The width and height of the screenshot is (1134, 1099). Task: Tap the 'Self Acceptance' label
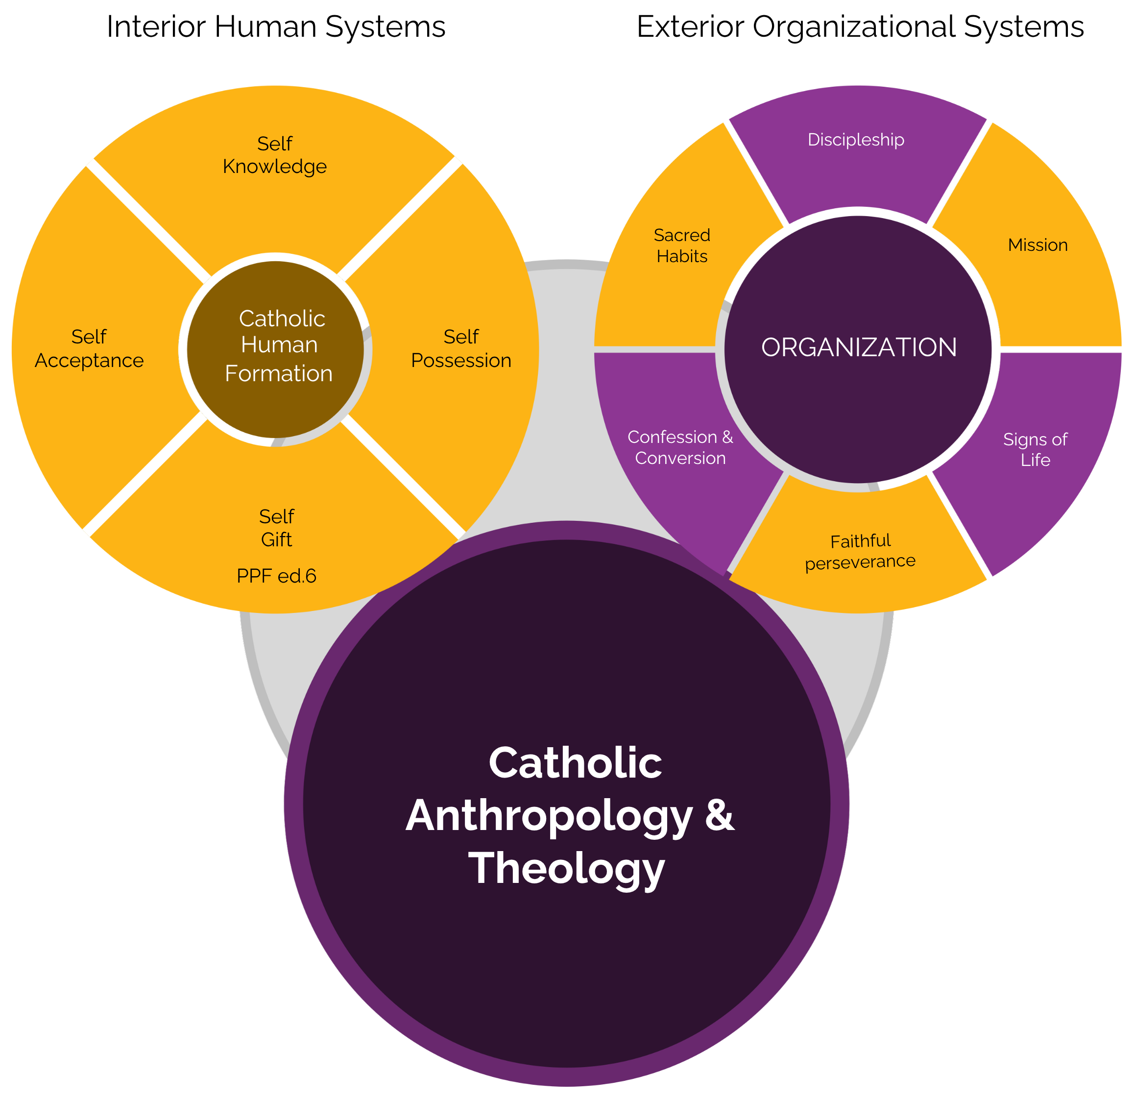click(89, 348)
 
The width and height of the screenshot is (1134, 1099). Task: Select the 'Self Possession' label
click(461, 348)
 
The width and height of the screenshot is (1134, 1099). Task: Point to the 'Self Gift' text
click(277, 527)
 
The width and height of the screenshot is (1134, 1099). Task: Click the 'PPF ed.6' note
click(277, 576)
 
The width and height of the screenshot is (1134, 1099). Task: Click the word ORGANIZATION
click(859, 347)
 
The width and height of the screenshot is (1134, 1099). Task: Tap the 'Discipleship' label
click(856, 140)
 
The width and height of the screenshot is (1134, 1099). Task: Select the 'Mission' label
click(1037, 245)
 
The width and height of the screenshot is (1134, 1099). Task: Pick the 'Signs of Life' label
click(1035, 449)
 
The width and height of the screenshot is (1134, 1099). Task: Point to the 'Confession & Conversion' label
click(680, 447)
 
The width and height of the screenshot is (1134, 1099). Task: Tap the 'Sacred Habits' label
click(682, 245)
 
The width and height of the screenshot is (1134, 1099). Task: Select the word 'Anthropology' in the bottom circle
click(549, 816)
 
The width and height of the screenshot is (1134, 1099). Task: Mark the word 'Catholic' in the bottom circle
click(575, 763)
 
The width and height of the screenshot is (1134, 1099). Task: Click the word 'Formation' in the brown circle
click(278, 373)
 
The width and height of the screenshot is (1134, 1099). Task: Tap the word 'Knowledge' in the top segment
click(275, 167)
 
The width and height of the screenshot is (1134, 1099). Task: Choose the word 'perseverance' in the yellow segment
click(860, 562)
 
